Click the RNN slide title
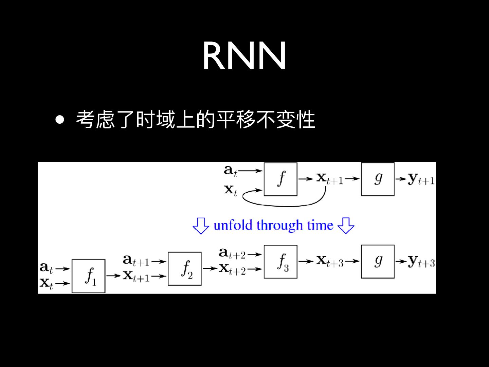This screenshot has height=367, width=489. coord(244,56)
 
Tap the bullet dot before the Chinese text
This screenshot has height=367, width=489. coord(60,120)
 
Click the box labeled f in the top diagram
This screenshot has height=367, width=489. coord(280,179)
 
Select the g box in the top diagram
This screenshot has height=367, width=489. coord(378,179)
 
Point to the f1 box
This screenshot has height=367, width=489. coord(89,276)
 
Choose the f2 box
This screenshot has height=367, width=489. coord(185,268)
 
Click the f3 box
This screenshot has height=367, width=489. coord(280,262)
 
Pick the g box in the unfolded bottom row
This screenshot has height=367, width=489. coord(378,262)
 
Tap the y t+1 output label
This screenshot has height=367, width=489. coord(421,179)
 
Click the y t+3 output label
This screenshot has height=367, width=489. coord(421,261)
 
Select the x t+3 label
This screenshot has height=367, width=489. coord(330,261)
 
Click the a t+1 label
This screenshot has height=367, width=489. coord(136,261)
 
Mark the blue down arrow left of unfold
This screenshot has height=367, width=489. coord(201,225)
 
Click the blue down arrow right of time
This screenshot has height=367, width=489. coord(346,225)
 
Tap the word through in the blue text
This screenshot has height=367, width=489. coord(279,226)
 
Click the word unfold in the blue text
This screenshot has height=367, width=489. coord(233,225)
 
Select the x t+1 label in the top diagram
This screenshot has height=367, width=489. coord(330,178)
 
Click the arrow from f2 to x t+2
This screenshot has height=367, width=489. coord(211,268)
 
